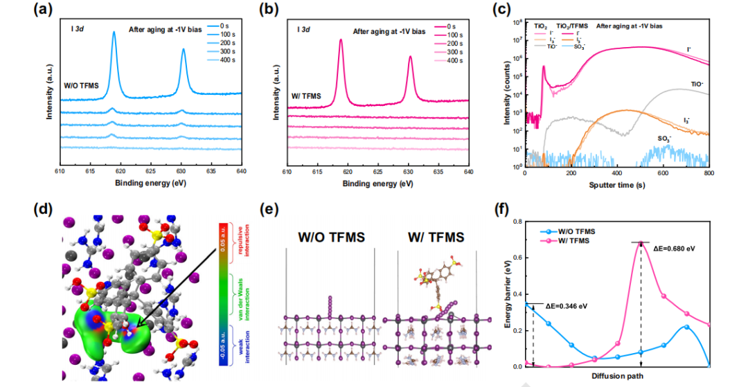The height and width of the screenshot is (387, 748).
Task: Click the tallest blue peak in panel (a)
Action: (114, 33)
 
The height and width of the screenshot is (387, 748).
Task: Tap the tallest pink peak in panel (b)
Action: (340, 40)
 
